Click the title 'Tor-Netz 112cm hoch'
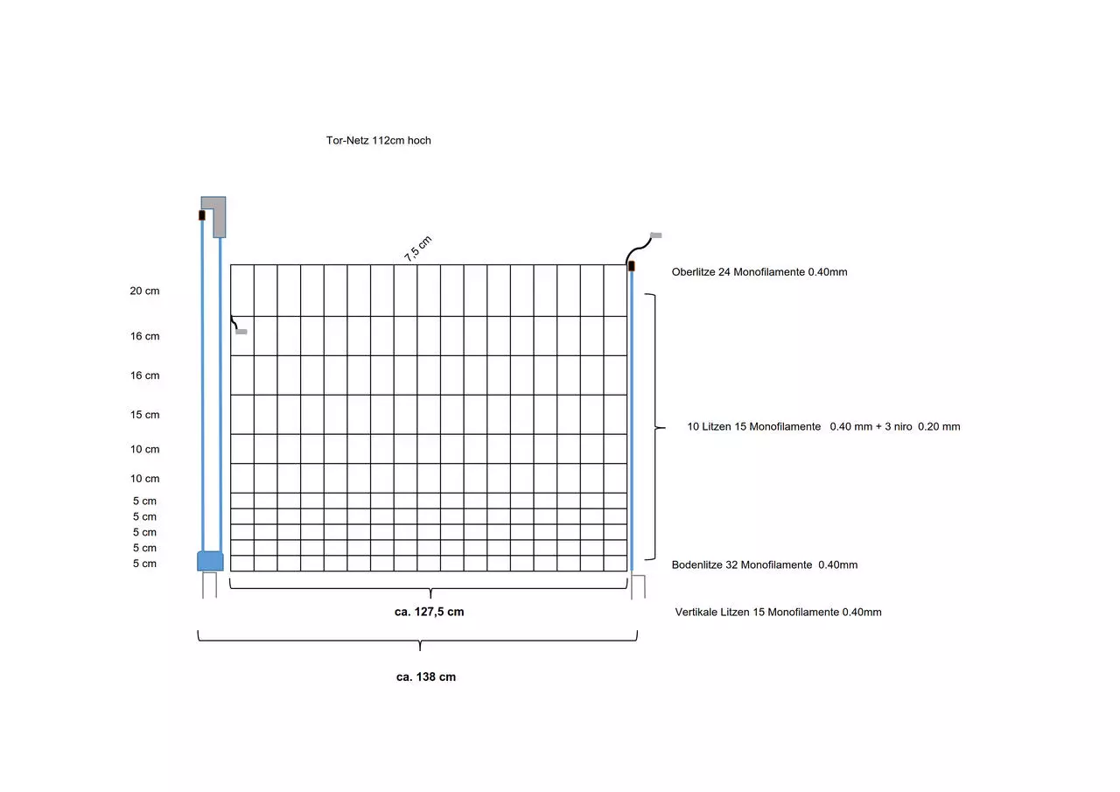point(379,141)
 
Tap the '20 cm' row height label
point(144,291)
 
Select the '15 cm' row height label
point(144,415)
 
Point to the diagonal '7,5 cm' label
point(417,248)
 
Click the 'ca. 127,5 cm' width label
point(429,612)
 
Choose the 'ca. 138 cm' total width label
point(426,677)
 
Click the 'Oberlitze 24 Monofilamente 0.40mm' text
point(759,272)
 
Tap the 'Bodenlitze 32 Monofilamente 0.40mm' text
point(765,565)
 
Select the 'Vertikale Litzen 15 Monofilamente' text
point(757,612)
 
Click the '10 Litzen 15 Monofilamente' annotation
point(753,426)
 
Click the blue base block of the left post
point(210,561)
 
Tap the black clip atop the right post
point(632,266)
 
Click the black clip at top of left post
point(202,215)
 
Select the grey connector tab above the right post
point(656,235)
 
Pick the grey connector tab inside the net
point(241,332)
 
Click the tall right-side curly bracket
point(655,427)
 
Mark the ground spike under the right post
point(638,586)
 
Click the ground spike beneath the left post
point(209,585)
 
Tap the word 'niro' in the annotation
point(902,426)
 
